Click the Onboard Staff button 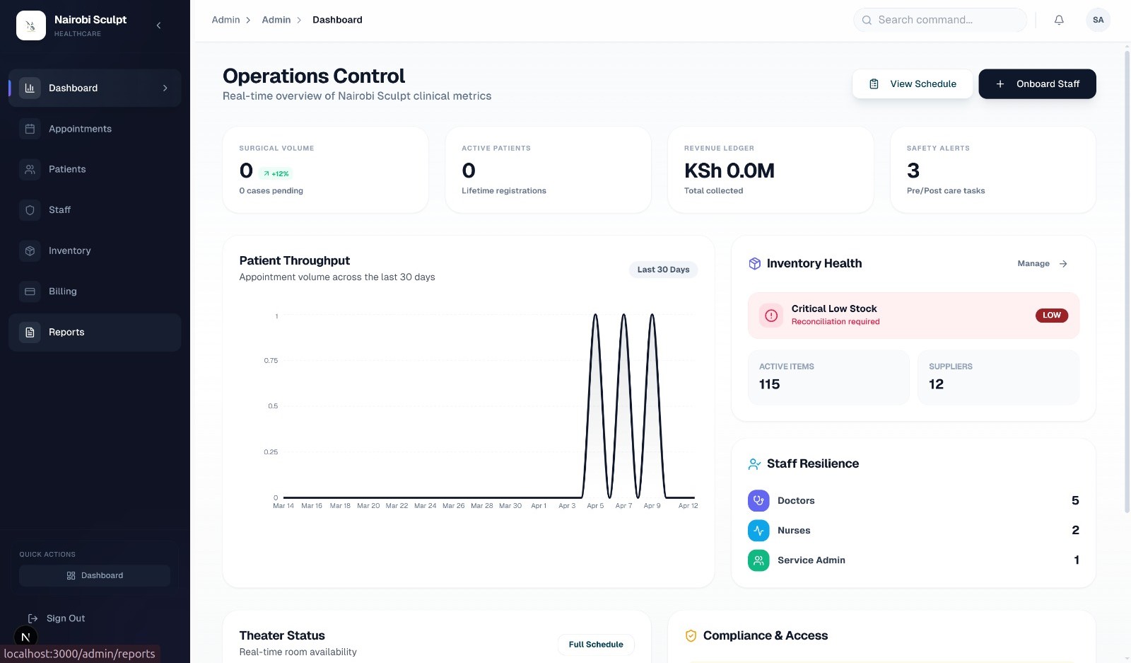[x=1037, y=83]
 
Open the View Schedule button [x=912, y=83]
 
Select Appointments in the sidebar [x=80, y=129]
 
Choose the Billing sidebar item [x=62, y=292]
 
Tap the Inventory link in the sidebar [x=69, y=250]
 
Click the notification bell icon [x=1059, y=20]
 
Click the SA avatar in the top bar [x=1098, y=20]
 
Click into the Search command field [x=940, y=20]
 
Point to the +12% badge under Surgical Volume [x=276, y=173]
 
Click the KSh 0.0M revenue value [x=729, y=171]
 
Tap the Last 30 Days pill [x=663, y=270]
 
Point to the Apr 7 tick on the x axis [x=623, y=506]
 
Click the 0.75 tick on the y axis [x=271, y=361]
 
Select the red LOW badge [x=1051, y=316]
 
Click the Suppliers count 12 [x=936, y=384]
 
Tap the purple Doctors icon [x=758, y=500]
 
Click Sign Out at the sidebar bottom [x=65, y=618]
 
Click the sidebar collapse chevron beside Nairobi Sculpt [x=158, y=25]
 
